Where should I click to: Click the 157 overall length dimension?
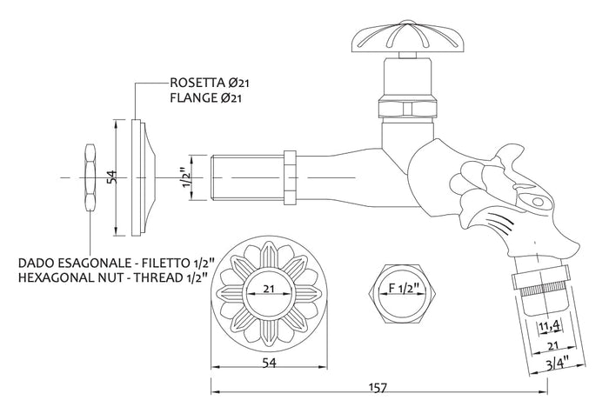click(x=378, y=388)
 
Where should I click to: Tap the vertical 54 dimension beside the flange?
click(x=110, y=177)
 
